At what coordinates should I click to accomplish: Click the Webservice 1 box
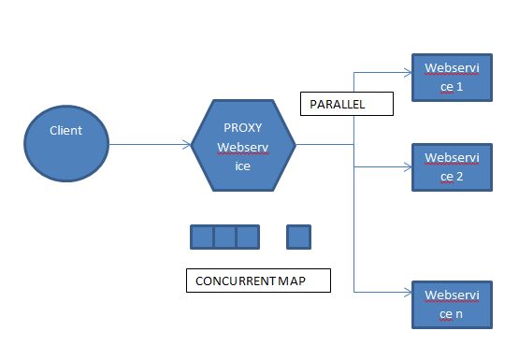pos(452,78)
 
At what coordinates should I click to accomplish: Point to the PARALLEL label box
pos(345,103)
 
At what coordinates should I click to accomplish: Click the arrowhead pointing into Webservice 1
pos(409,70)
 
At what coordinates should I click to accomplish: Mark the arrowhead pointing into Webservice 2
pos(409,166)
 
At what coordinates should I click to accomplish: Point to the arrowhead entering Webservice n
pos(409,294)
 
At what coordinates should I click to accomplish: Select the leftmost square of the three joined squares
pos(202,237)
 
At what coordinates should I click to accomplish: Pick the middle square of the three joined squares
pos(224,237)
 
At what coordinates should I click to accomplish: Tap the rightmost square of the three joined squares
pos(247,237)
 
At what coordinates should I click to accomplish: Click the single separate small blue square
pos(298,237)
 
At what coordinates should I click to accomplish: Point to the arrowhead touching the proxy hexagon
pos(187,144)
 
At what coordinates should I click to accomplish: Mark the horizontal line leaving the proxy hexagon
pos(324,144)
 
